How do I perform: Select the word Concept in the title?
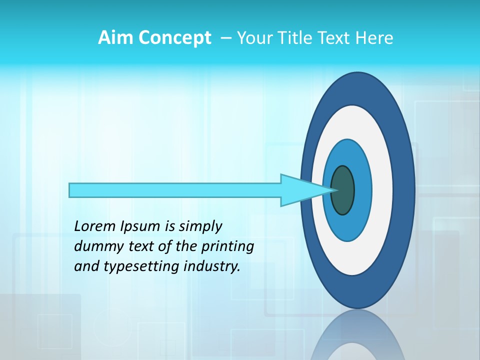point(175,38)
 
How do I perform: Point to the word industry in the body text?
point(211,266)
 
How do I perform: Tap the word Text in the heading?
point(333,38)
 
